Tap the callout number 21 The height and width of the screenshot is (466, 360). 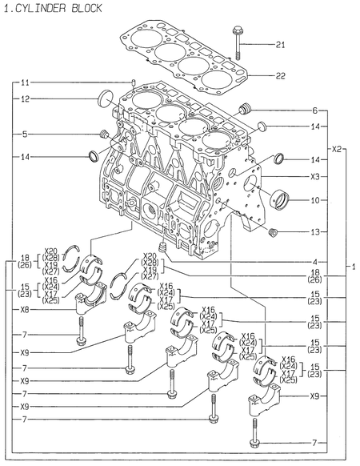(x=279, y=44)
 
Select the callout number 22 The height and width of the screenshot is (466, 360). (x=279, y=76)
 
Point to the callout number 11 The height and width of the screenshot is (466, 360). (x=25, y=82)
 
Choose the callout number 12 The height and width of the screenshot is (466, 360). (x=25, y=99)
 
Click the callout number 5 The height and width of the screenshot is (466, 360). (x=25, y=134)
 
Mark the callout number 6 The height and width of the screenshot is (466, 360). (x=314, y=110)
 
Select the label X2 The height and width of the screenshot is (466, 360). (x=337, y=148)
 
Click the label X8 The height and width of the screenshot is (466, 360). (x=25, y=309)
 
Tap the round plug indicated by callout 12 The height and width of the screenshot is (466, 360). (x=103, y=99)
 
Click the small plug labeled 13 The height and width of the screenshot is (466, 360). (x=274, y=232)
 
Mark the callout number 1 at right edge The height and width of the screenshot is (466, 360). (x=352, y=266)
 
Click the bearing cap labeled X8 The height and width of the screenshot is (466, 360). (x=92, y=303)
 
